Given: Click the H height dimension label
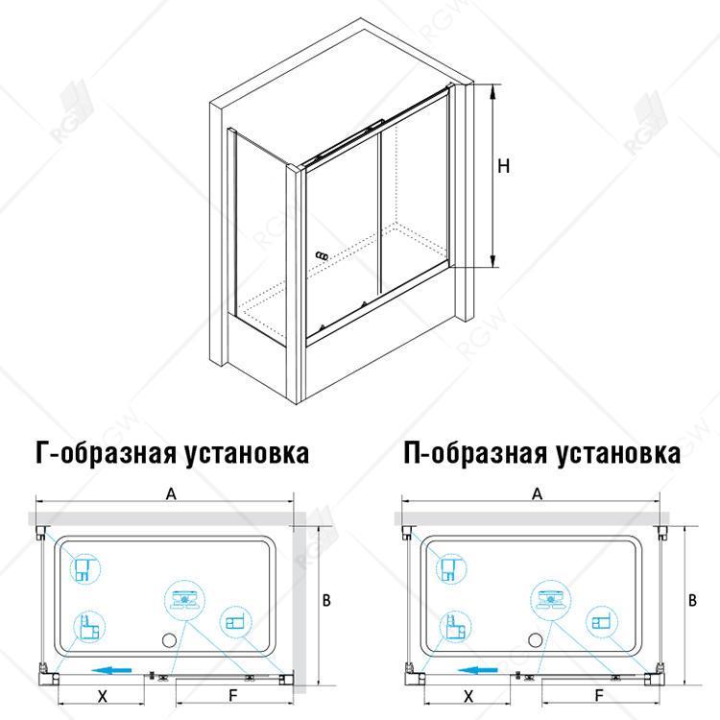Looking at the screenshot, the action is [504, 165].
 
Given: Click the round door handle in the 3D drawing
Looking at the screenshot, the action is [323, 255].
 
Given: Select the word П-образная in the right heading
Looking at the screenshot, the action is [475, 454].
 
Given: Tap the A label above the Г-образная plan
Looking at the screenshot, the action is [171, 494].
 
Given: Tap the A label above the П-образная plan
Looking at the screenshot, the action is [537, 494].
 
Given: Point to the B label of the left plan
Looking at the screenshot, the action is [326, 600].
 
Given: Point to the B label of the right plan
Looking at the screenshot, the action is [692, 600].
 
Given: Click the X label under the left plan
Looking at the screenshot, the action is [103, 696].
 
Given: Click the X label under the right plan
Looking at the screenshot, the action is [468, 696].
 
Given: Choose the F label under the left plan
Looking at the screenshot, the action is [233, 696].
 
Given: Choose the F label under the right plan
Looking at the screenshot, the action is [599, 696].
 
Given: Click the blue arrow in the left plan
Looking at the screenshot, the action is [111, 670].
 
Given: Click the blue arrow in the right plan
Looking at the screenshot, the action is [477, 670].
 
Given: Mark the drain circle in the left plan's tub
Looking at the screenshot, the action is [169, 640].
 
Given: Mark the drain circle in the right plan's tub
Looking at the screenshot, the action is [536, 640].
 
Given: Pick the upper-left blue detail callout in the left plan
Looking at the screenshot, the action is [84, 569].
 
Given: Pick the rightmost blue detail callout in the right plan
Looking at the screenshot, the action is [602, 622].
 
